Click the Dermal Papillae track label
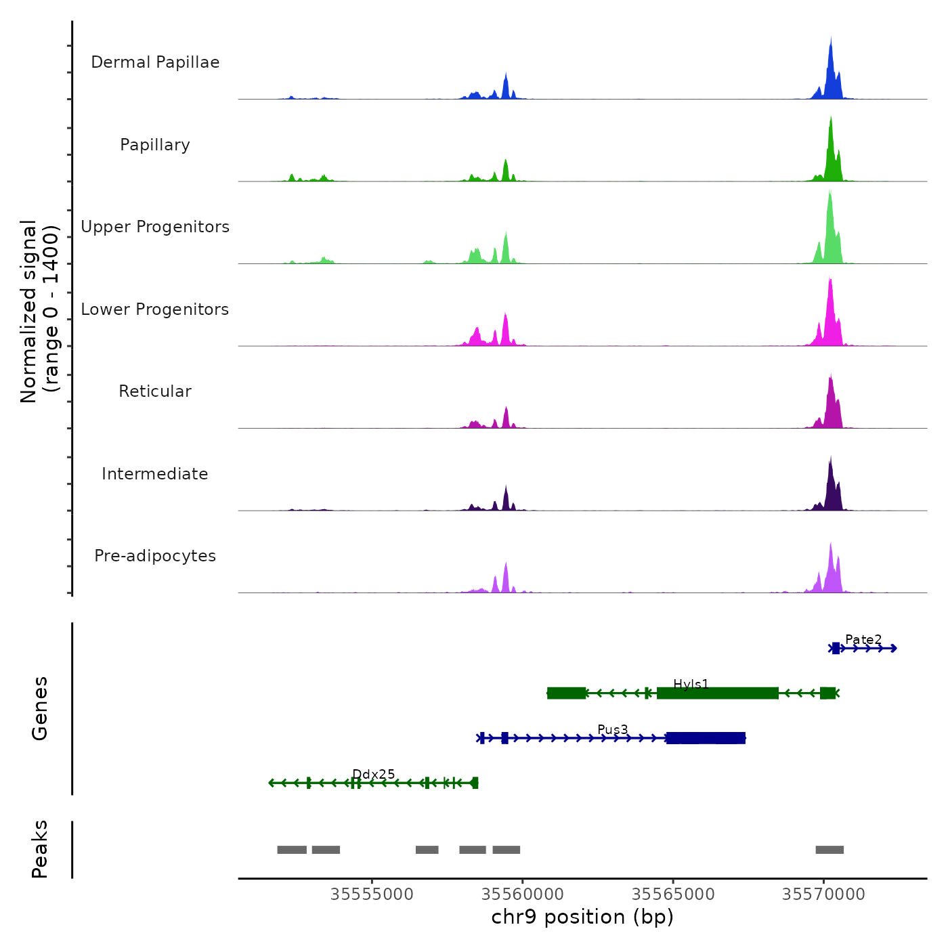[155, 62]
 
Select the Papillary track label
[155, 145]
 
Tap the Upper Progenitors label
[155, 227]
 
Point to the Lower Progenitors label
[155, 309]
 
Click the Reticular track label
[155, 391]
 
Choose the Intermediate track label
[155, 474]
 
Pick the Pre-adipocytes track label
[155, 556]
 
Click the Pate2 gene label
[863, 639]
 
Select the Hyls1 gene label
[691, 684]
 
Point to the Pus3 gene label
[613, 729]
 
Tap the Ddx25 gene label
[374, 774]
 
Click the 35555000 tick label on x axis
[372, 895]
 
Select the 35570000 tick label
[823, 895]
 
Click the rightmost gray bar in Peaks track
[829, 850]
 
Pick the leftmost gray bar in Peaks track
[292, 850]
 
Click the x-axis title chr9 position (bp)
[582, 918]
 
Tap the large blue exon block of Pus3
[706, 738]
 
